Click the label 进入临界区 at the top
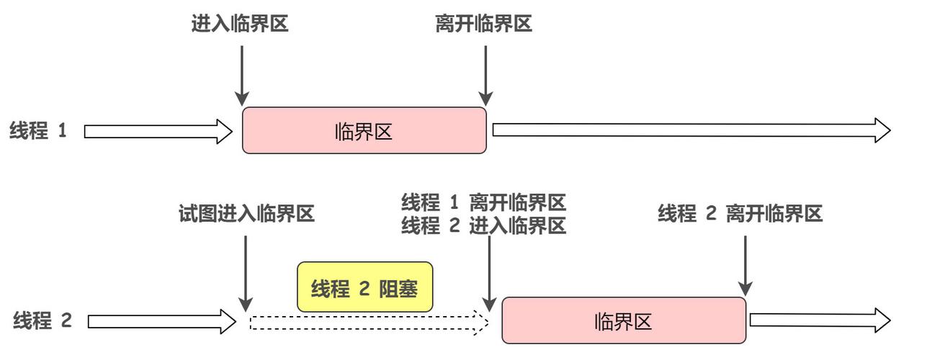pos(240,24)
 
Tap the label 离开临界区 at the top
pos(484,24)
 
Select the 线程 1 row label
pos(37,131)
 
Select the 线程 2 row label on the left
pos(42,320)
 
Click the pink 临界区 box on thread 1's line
pos(364,130)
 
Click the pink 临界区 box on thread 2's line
pos(624,320)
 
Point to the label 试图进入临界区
pos(246,214)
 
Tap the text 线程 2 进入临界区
pos(483,226)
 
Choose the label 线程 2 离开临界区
pos(740,214)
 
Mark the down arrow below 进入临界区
pos(242,75)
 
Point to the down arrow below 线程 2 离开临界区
pos(745,263)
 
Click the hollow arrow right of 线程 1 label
pos(158,131)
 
